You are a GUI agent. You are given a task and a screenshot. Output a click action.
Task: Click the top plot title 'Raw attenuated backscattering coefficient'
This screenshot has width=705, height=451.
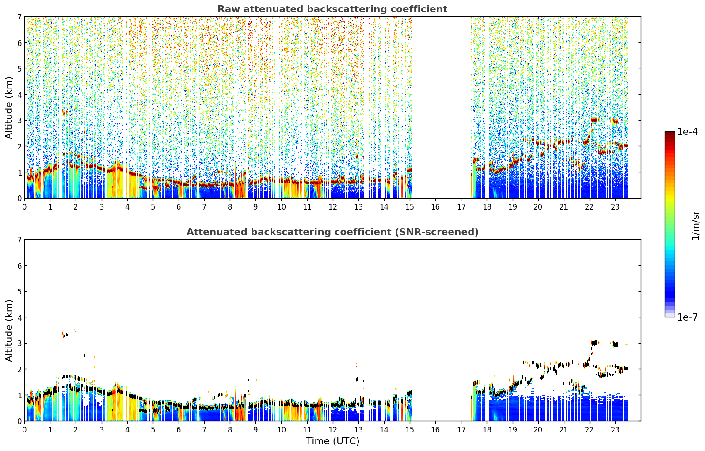tap(332, 9)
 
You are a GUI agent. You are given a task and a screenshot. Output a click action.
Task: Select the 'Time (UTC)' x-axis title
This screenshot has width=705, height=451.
tap(332, 441)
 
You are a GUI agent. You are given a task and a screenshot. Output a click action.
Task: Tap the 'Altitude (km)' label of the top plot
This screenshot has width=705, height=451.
tap(8, 107)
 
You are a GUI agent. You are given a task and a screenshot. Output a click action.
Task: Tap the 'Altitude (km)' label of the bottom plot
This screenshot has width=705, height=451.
tap(8, 330)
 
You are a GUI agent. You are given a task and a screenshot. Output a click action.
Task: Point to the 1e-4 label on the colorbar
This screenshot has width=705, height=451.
tap(687, 132)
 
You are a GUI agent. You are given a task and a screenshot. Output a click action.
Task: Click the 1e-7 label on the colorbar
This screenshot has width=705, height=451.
tap(687, 317)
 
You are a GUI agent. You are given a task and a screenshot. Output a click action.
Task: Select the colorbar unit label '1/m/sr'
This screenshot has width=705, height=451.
tap(695, 225)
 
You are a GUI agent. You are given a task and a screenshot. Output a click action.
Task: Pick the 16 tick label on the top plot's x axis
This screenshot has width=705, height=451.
tap(435, 207)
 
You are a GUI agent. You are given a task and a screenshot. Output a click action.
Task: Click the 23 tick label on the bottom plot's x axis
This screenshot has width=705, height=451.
tap(615, 430)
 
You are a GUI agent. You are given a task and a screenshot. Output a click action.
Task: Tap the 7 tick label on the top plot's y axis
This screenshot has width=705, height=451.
tap(19, 17)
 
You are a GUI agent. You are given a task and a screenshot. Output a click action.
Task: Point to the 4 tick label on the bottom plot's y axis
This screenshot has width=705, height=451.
tap(19, 317)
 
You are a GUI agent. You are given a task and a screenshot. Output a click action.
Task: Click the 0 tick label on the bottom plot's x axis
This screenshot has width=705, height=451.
tap(25, 430)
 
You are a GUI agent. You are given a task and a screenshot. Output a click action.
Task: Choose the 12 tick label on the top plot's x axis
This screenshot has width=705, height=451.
tap(333, 207)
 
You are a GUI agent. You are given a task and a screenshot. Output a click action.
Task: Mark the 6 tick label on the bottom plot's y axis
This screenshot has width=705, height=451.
tap(19, 266)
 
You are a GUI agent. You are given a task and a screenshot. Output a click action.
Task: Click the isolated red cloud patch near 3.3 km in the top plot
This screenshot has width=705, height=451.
tap(64, 112)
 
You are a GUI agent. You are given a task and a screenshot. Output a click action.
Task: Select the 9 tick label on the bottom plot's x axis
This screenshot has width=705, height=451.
tap(255, 430)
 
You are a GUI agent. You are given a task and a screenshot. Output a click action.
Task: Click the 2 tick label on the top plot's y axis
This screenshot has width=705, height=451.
tap(19, 146)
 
